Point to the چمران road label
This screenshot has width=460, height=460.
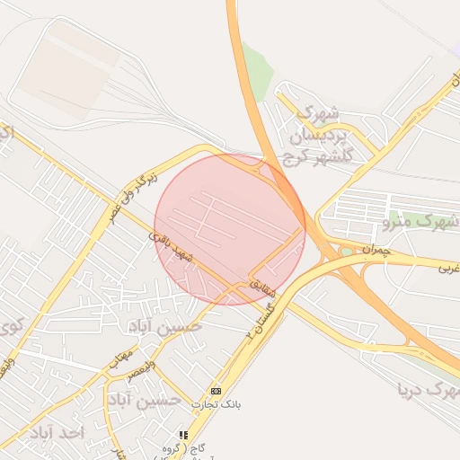tap(378, 251)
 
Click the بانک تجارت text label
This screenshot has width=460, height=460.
tap(248, 404)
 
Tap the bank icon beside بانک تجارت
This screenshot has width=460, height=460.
tap(216, 391)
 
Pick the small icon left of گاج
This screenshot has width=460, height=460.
tap(184, 435)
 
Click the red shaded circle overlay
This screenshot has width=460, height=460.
tap(229, 229)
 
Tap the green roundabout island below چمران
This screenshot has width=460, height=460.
tap(346, 252)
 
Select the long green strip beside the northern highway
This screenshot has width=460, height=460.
tap(258, 72)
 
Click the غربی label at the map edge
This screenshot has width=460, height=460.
tap(447, 267)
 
